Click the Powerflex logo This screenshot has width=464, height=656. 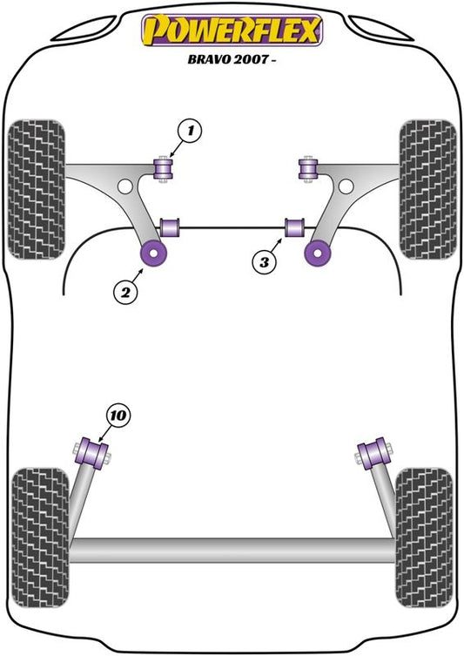232,30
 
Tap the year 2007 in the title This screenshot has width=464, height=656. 251,59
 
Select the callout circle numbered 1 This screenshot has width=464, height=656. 190,131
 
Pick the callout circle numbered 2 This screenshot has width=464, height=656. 125,292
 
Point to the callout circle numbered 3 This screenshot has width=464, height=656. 264,262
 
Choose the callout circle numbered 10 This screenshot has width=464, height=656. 118,416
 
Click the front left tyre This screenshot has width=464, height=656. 37,189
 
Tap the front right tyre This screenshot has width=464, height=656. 427,189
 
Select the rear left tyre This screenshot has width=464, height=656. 40,538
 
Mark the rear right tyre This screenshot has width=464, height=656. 424,538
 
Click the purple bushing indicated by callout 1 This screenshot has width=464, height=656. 165,169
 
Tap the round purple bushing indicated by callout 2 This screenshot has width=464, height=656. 153,254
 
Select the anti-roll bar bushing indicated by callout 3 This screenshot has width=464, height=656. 295,227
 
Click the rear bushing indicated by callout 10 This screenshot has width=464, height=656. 91,454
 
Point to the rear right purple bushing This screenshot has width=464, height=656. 373,454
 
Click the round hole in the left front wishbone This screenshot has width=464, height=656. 124,186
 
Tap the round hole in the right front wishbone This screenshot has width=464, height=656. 346,186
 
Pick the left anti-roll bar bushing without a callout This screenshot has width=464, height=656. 170,227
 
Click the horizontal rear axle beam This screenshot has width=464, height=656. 232,551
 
